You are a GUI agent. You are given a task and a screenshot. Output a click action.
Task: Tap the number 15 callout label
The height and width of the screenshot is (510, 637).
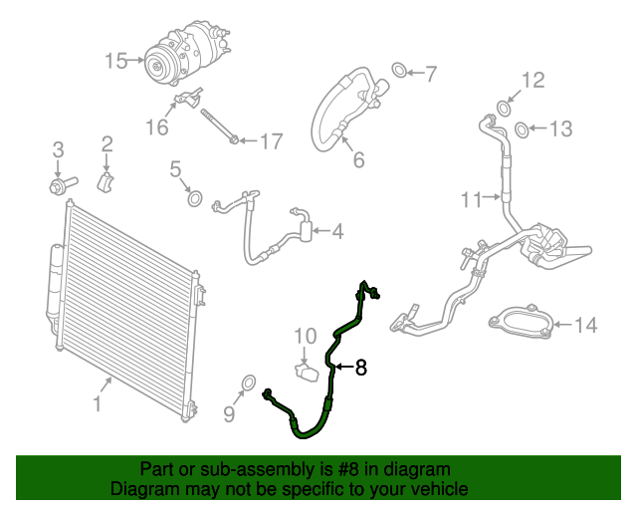tap(117, 62)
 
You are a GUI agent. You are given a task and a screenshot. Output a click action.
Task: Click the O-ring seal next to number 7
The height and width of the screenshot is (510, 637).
tap(398, 71)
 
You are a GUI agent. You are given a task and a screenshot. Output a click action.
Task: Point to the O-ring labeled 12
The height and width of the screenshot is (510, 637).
tap(506, 106)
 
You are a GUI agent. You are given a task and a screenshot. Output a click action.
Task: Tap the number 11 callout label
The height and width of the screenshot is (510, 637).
tap(471, 200)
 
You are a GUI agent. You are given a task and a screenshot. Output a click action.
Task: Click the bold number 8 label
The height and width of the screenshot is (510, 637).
tap(360, 369)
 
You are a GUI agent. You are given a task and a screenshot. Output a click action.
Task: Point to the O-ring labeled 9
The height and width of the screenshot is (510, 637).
tap(249, 384)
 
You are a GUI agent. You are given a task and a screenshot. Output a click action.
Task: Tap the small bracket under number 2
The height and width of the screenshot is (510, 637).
tap(106, 182)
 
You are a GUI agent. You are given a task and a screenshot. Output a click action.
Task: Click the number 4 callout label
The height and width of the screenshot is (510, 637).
tap(337, 232)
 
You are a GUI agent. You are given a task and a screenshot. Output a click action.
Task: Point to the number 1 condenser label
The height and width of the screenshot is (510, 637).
tap(97, 404)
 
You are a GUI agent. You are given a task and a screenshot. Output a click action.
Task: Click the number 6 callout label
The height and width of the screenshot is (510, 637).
tap(358, 159)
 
